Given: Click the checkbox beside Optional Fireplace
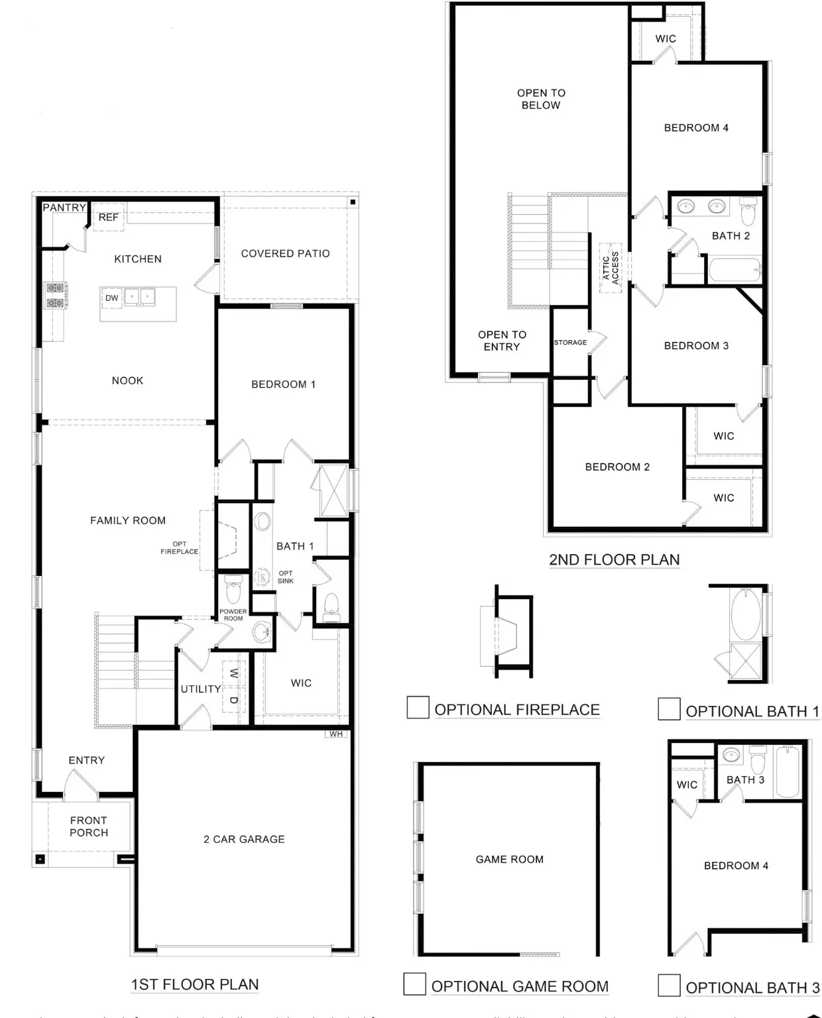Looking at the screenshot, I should coord(418,707).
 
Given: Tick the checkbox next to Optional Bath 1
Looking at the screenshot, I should coord(669,708).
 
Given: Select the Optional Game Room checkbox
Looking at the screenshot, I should coord(415,984).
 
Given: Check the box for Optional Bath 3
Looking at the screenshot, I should coord(669,986).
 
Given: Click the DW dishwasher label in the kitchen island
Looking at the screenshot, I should coord(111,298).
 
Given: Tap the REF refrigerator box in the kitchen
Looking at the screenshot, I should coord(108,217).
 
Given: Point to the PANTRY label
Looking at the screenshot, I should coord(64,207).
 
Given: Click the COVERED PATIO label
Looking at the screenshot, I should coord(285,253).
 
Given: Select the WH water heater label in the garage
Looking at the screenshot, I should coord(336,734).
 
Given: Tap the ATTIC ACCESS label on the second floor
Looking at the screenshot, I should coord(611,267).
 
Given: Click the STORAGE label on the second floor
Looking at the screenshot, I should coord(570,343).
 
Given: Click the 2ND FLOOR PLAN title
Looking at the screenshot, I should coord(614,559).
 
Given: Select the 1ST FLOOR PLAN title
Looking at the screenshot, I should coord(195,984).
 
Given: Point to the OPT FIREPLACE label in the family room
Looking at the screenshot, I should coord(179,547).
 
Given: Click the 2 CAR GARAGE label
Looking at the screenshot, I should coord(244,839).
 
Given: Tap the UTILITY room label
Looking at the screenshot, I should coord(201,689).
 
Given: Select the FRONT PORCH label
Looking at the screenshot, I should coord(89,826).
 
